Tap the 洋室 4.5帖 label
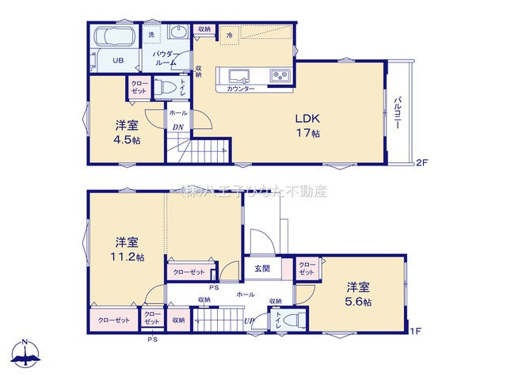(127, 131)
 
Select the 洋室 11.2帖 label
(127, 249)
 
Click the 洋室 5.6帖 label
(359, 294)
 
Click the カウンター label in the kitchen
(240, 89)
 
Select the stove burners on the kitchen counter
(280, 76)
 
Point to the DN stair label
(178, 127)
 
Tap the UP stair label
(250, 321)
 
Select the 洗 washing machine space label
(151, 35)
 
